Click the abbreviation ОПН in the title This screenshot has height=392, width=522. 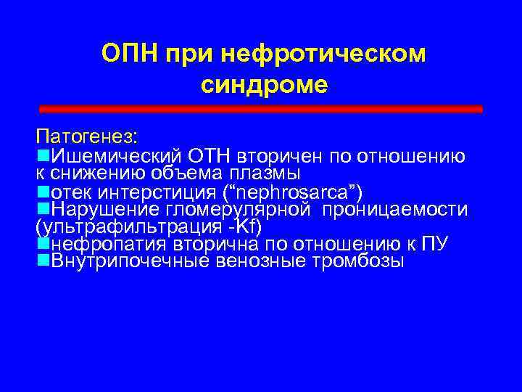[130, 54]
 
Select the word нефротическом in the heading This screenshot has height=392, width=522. [326, 54]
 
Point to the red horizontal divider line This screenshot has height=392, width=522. [260, 108]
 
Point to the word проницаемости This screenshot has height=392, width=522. [399, 210]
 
